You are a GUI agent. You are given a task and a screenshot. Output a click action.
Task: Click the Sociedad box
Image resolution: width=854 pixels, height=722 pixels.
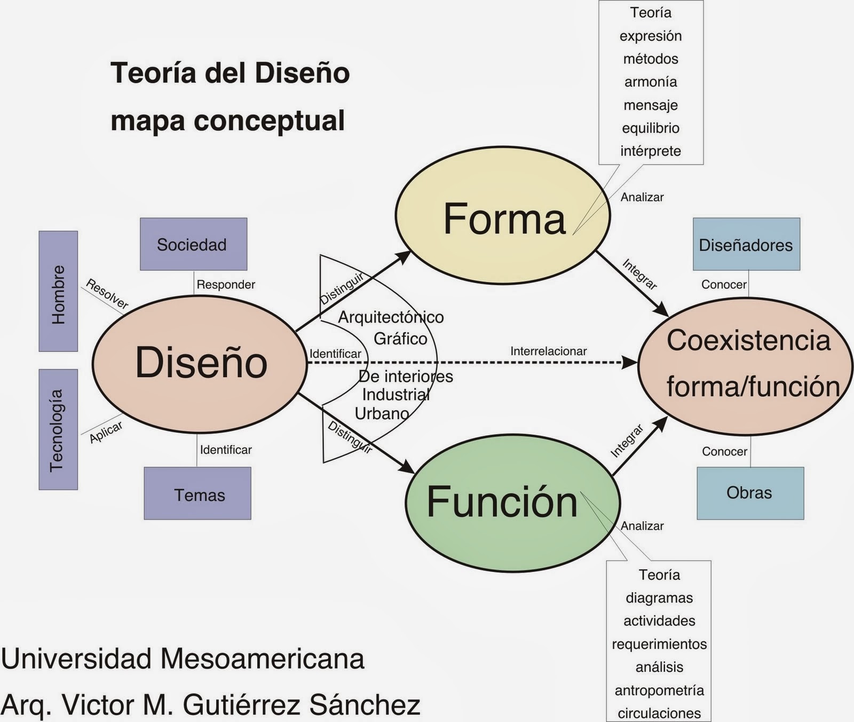pyautogui.click(x=193, y=244)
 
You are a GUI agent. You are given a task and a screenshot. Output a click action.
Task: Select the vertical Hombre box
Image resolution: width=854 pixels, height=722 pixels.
pyautogui.click(x=58, y=292)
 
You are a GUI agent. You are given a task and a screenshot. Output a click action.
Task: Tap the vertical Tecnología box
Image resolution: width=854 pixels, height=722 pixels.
pyautogui.click(x=58, y=430)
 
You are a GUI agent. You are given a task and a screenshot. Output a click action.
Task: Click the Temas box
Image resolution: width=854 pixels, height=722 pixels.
pyautogui.click(x=197, y=494)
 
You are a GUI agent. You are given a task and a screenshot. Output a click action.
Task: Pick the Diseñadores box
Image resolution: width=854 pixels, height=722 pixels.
pyautogui.click(x=746, y=245)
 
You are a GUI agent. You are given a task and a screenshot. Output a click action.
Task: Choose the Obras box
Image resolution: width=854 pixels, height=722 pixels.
pyautogui.click(x=750, y=493)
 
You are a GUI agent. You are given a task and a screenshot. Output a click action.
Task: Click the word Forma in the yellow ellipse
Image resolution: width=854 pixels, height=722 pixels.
pyautogui.click(x=504, y=218)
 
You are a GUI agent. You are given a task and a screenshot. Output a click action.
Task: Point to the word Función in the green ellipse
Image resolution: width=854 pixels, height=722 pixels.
pyautogui.click(x=502, y=502)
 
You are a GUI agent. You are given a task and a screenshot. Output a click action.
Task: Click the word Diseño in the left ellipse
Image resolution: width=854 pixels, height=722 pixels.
pyautogui.click(x=201, y=363)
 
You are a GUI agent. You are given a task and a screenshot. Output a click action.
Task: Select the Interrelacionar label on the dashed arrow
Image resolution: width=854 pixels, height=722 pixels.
pyautogui.click(x=548, y=351)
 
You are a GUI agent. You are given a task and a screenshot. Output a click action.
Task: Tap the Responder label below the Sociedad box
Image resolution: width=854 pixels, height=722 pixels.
pyautogui.click(x=226, y=285)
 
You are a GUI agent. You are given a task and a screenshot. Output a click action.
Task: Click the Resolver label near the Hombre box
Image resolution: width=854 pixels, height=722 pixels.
pyautogui.click(x=107, y=294)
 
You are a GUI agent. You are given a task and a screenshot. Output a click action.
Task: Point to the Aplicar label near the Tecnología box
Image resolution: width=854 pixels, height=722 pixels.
pyautogui.click(x=106, y=432)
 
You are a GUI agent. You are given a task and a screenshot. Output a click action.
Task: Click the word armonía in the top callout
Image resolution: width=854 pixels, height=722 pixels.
pyautogui.click(x=650, y=82)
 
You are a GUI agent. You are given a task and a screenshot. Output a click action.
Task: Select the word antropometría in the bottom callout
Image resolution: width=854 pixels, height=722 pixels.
pyautogui.click(x=659, y=690)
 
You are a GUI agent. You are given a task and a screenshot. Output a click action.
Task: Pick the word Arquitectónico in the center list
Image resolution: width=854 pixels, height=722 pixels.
pyautogui.click(x=391, y=317)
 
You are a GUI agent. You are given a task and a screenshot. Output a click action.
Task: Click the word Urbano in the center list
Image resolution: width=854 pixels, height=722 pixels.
pyautogui.click(x=382, y=413)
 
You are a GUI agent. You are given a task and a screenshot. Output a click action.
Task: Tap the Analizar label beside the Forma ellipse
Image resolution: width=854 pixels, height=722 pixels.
pyautogui.click(x=642, y=197)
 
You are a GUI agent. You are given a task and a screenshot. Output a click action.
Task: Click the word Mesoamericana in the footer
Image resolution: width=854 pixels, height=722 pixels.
pyautogui.click(x=262, y=658)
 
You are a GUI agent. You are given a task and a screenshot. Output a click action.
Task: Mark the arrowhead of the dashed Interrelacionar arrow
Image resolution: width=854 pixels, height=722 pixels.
pyautogui.click(x=631, y=363)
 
